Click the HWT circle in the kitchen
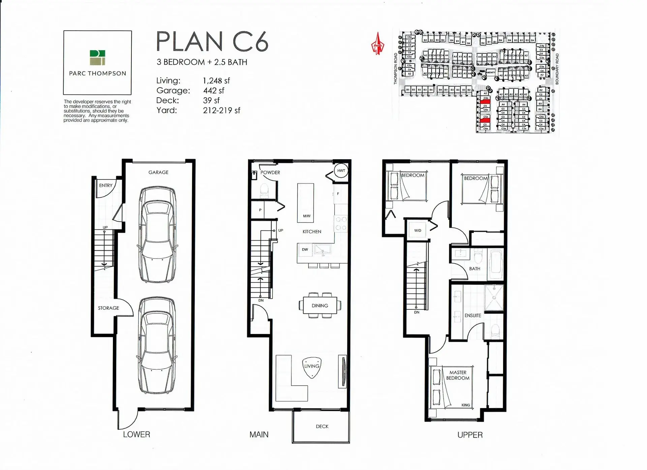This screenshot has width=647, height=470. [x=341, y=171]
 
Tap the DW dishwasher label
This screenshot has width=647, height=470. [x=305, y=249]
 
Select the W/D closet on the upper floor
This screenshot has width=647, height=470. [x=418, y=230]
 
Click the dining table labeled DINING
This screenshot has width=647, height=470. [x=320, y=305]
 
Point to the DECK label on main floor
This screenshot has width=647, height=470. [x=322, y=426]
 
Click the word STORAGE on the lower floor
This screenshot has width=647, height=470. [x=109, y=308]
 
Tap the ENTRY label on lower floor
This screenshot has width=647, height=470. [x=106, y=186]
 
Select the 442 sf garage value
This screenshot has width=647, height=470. [x=214, y=91]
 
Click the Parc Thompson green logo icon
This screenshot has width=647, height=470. [x=97, y=58]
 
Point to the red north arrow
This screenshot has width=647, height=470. [x=378, y=44]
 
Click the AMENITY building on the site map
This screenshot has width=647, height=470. [x=490, y=72]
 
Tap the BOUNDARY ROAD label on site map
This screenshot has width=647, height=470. [x=557, y=69]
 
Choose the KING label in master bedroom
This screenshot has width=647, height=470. [x=465, y=405]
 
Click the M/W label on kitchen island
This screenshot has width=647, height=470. [x=306, y=216]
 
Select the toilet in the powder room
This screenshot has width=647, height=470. [x=264, y=190]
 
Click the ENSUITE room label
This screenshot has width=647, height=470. [x=472, y=315]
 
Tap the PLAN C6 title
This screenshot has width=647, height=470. [x=212, y=42]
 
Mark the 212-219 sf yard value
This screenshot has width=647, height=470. [x=221, y=110]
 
